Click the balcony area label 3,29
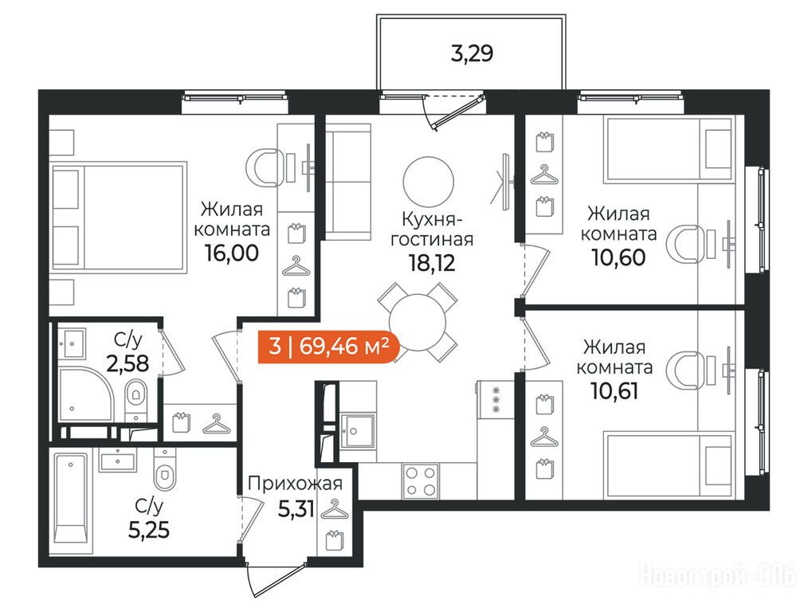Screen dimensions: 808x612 click(472, 53)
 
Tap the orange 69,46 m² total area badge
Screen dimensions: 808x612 click(328, 346)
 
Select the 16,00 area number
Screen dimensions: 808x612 click(231, 253)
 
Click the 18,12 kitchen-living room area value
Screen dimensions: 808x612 click(432, 263)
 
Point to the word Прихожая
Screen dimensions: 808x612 click(295, 484)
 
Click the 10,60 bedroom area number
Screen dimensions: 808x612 click(618, 257)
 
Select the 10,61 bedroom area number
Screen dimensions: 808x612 click(614, 391)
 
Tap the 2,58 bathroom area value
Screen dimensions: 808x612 click(127, 363)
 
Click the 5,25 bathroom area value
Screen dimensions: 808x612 click(148, 529)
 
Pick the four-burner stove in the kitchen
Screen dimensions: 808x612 click(421, 481)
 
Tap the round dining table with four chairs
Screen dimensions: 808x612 click(417, 323)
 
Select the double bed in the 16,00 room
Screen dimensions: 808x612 click(118, 217)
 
